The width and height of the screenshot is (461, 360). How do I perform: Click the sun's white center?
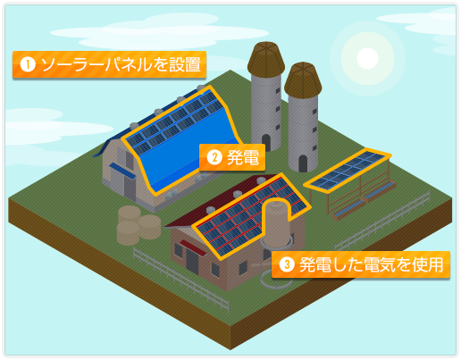point(367,58)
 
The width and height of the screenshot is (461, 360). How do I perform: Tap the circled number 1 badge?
point(28,64)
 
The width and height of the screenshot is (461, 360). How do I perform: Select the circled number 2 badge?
point(214,157)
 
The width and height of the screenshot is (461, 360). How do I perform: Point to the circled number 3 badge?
point(287,264)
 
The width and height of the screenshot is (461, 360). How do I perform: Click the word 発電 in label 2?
point(243,157)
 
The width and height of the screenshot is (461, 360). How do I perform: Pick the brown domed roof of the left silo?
point(266,58)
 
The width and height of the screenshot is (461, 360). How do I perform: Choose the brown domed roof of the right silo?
point(303,80)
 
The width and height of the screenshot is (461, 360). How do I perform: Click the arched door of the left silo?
point(265,142)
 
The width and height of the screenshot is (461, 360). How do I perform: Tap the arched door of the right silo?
point(303,163)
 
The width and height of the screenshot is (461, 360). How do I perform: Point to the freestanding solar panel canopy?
point(348,171)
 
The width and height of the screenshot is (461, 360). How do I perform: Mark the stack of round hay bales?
point(138,225)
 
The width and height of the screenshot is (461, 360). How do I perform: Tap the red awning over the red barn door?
point(193,247)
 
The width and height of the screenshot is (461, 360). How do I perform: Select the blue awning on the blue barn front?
point(122,171)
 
